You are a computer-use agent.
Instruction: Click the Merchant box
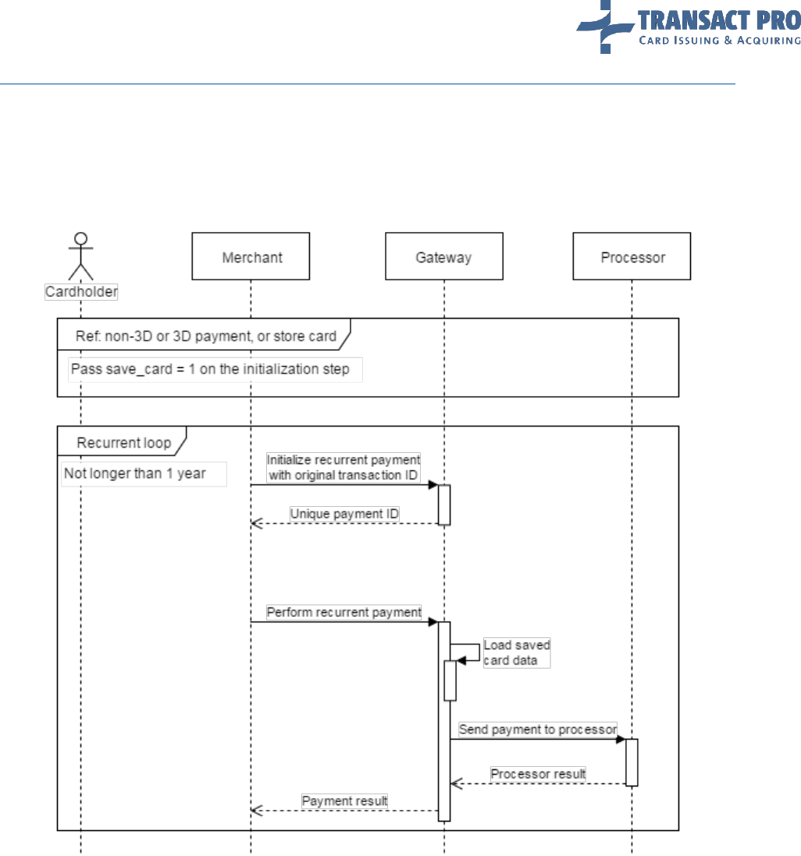tap(251, 256)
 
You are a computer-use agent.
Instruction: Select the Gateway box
tap(443, 256)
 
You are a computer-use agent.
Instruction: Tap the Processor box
tap(632, 256)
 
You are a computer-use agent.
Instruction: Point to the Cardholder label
tap(80, 292)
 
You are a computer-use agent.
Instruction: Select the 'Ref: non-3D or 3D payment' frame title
tap(206, 337)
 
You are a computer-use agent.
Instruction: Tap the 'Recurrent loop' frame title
tap(123, 443)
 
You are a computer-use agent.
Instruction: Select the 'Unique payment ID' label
tap(344, 514)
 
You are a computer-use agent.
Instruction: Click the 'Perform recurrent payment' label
tap(344, 612)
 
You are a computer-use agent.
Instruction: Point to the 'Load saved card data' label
tap(517, 652)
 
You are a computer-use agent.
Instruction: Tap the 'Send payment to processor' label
tap(538, 729)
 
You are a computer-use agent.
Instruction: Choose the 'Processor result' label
tap(538, 774)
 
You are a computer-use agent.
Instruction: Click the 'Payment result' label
tap(344, 801)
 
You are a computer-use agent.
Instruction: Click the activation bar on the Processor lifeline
tap(632, 761)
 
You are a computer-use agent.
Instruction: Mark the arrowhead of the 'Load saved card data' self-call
tap(461, 660)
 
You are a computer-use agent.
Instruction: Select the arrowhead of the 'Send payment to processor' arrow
tap(621, 738)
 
